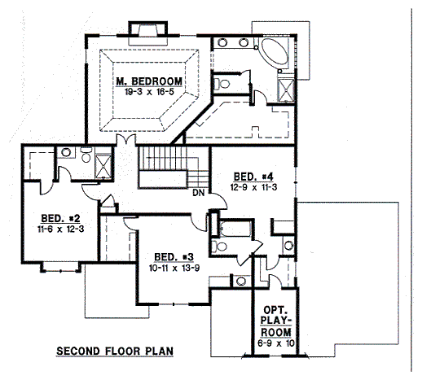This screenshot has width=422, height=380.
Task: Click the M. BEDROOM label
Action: point(149,81)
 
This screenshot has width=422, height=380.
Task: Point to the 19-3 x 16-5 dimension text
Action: point(149,93)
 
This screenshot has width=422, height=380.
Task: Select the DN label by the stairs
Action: point(198,193)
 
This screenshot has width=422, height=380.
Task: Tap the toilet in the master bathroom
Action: point(222,81)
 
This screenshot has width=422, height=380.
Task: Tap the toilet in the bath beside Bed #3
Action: point(220,244)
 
